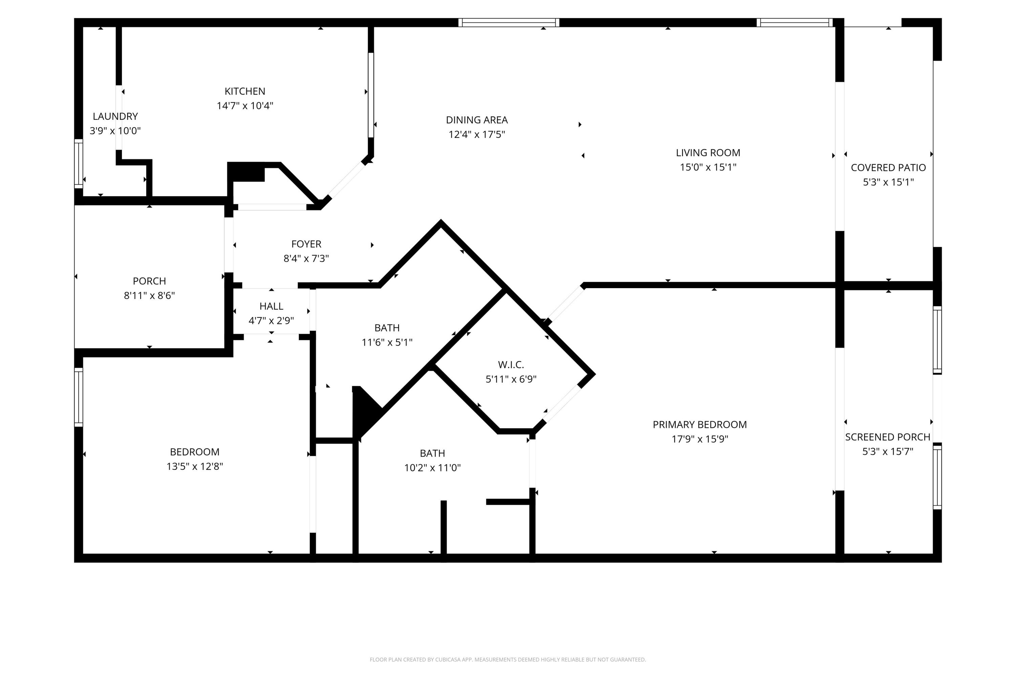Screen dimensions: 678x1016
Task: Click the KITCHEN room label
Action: [x=245, y=91]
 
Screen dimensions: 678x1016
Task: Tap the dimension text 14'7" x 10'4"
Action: [x=245, y=105]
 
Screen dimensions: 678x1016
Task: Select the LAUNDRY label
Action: [x=115, y=116]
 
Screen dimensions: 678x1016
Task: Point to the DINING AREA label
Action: [x=477, y=120]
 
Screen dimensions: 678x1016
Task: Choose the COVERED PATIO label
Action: [x=888, y=168]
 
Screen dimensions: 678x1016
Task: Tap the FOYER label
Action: [x=306, y=244]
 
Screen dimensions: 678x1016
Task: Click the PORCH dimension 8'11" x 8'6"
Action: [x=149, y=295]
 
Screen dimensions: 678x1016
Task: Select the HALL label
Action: [x=271, y=306]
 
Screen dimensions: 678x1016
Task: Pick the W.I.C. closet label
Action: [x=511, y=364]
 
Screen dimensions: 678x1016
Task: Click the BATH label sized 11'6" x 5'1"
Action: [x=387, y=328]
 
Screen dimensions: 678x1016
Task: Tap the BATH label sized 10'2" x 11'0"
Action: [x=432, y=453]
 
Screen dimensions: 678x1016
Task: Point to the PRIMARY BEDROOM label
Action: [x=699, y=425]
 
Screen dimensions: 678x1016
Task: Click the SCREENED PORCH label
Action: [x=887, y=437]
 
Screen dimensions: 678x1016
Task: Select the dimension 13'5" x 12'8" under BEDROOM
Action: [x=194, y=466]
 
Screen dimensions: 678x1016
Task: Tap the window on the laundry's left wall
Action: [x=79, y=163]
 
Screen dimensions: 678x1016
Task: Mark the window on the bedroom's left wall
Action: [x=79, y=397]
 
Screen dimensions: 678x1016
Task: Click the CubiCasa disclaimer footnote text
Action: [x=508, y=659]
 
